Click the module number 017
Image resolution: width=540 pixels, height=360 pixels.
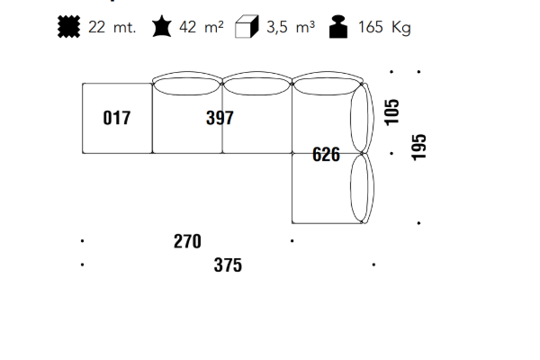tap(117, 118)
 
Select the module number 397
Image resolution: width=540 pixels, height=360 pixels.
tap(220, 118)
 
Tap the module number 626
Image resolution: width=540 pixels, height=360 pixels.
tap(326, 154)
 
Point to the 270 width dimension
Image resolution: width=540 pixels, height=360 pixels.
tap(187, 241)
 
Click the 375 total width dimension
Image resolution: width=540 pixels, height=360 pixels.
tap(228, 265)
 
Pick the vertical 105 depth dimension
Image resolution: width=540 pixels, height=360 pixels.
tap(391, 112)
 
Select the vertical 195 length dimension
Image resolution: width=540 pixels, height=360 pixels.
tap(418, 147)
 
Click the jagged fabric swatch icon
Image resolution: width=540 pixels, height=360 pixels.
tap(69, 26)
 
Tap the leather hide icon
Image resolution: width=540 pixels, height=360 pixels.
tap(161, 26)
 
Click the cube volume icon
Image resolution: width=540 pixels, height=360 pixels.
tap(247, 26)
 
